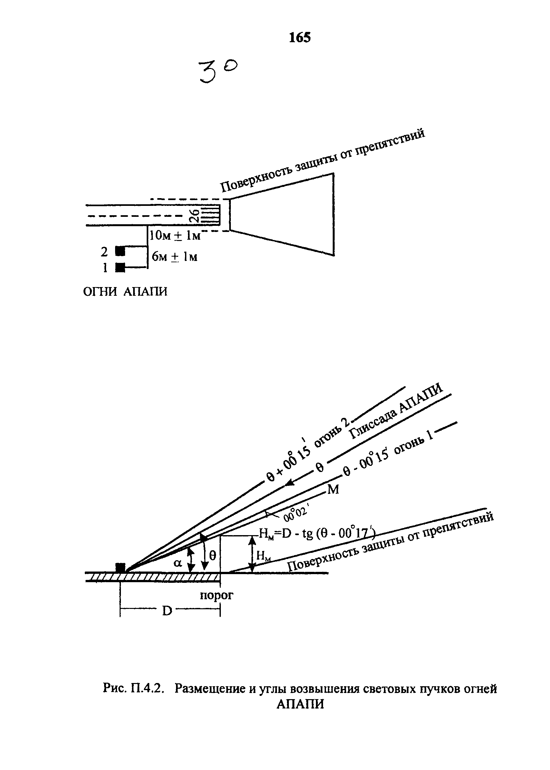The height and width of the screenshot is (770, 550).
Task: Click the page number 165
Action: click(300, 37)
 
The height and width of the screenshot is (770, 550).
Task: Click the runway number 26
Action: click(194, 216)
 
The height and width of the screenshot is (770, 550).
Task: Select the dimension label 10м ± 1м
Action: click(175, 235)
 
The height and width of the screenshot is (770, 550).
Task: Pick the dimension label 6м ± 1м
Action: click(174, 257)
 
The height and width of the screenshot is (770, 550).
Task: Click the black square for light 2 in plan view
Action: click(120, 251)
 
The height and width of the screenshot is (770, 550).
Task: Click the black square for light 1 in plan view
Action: click(120, 267)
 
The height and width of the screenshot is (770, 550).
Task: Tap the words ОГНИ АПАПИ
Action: click(125, 292)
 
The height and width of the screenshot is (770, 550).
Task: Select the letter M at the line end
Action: click(333, 490)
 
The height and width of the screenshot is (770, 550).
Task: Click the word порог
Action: click(216, 595)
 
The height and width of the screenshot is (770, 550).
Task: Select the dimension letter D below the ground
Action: click(167, 611)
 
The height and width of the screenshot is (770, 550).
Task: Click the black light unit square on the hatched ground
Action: click(120, 568)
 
